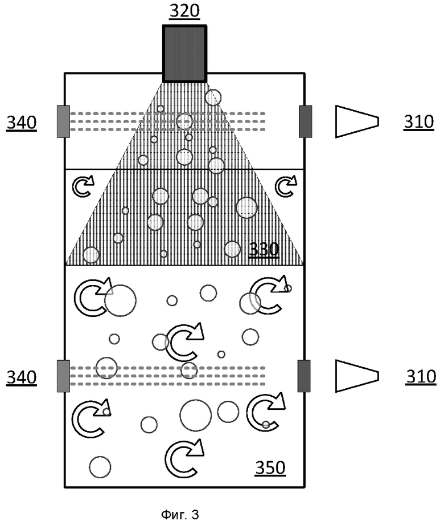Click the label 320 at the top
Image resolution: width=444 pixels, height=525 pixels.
tap(184, 11)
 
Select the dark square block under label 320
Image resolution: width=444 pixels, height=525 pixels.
tap(184, 54)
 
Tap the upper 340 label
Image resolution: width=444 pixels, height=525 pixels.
tap(22, 123)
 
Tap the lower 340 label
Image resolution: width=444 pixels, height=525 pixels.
tap(22, 377)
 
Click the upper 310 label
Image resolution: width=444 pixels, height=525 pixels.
tap(418, 122)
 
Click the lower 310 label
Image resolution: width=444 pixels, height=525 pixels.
tap(421, 377)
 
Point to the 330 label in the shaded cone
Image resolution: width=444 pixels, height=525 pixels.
tap(264, 249)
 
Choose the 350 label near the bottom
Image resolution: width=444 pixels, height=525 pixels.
tap(270, 467)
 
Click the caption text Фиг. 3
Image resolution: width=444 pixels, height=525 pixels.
tap(180, 515)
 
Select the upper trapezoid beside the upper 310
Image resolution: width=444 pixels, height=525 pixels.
tap(357, 121)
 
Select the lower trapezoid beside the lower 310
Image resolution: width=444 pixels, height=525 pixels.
tap(357, 376)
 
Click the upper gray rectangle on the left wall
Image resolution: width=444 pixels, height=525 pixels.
tap(64, 121)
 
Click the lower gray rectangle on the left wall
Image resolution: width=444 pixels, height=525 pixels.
tap(64, 376)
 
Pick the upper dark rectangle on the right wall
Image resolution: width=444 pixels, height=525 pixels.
tap(305, 121)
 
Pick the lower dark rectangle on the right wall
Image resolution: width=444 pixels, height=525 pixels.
tap(304, 376)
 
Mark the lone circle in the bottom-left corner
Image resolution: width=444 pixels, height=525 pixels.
tap(100, 467)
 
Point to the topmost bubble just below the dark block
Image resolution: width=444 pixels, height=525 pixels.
tap(213, 98)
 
